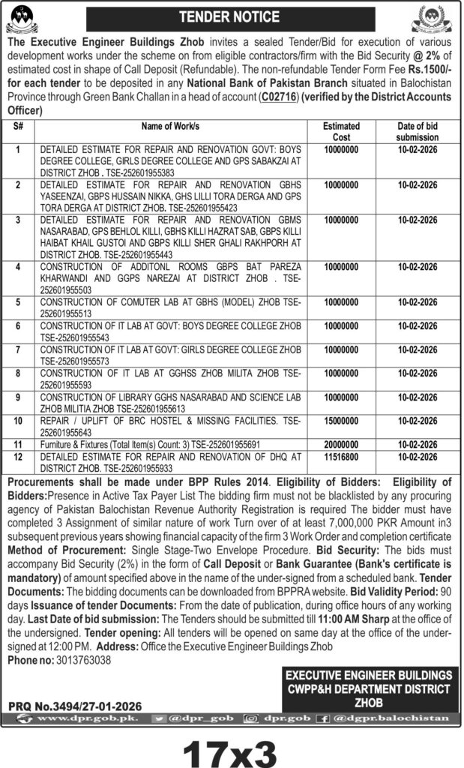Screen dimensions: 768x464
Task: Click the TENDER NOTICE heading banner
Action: point(232,16)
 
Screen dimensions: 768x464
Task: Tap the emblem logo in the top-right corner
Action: point(442,16)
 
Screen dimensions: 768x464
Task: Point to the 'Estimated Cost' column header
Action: point(341,132)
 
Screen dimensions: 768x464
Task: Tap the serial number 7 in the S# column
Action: point(17,349)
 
